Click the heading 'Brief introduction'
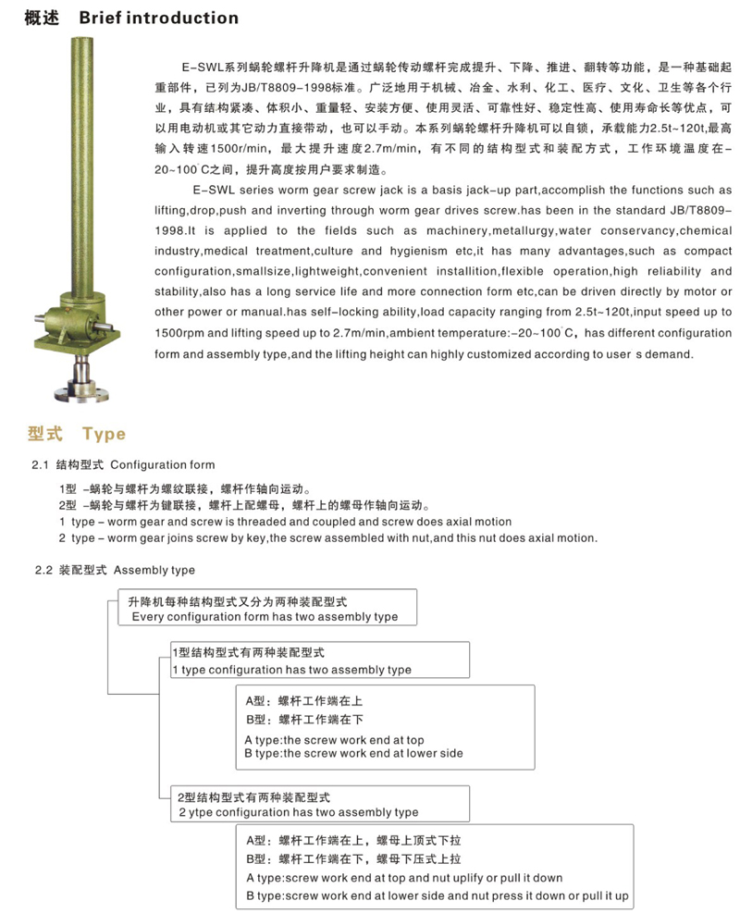159,18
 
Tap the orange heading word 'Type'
104,434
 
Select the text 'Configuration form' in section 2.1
162,465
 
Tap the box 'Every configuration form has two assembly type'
265,616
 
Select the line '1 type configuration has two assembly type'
292,670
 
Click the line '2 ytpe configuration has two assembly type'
299,812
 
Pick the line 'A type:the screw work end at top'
334,740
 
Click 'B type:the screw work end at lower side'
353,754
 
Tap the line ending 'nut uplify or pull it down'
404,878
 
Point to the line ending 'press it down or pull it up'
437,896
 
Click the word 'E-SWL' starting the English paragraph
212,189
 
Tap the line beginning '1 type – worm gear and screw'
284,522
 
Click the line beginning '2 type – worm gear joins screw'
327,537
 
